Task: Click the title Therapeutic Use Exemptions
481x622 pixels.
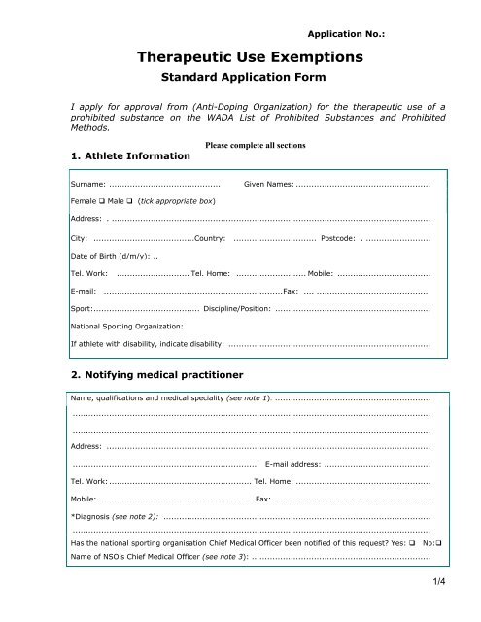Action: coord(251,58)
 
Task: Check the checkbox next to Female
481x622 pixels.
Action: coord(101,200)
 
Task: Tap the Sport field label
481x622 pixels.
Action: coord(82,307)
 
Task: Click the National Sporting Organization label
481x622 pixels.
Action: coord(122,326)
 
